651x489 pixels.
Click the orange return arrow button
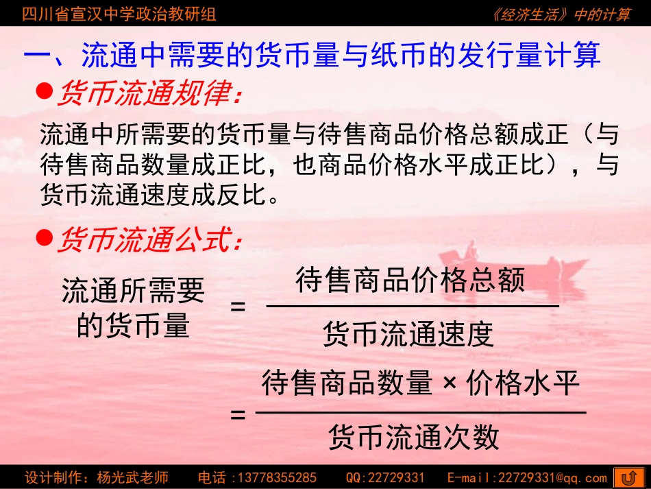(x=628, y=477)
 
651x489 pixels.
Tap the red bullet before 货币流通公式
(x=45, y=237)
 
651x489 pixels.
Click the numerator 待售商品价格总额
(x=410, y=281)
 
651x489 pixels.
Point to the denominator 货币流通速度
(x=408, y=334)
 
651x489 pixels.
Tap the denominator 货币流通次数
(x=414, y=437)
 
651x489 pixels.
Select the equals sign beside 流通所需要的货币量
(x=238, y=307)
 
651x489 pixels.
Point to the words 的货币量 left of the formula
(x=132, y=326)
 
